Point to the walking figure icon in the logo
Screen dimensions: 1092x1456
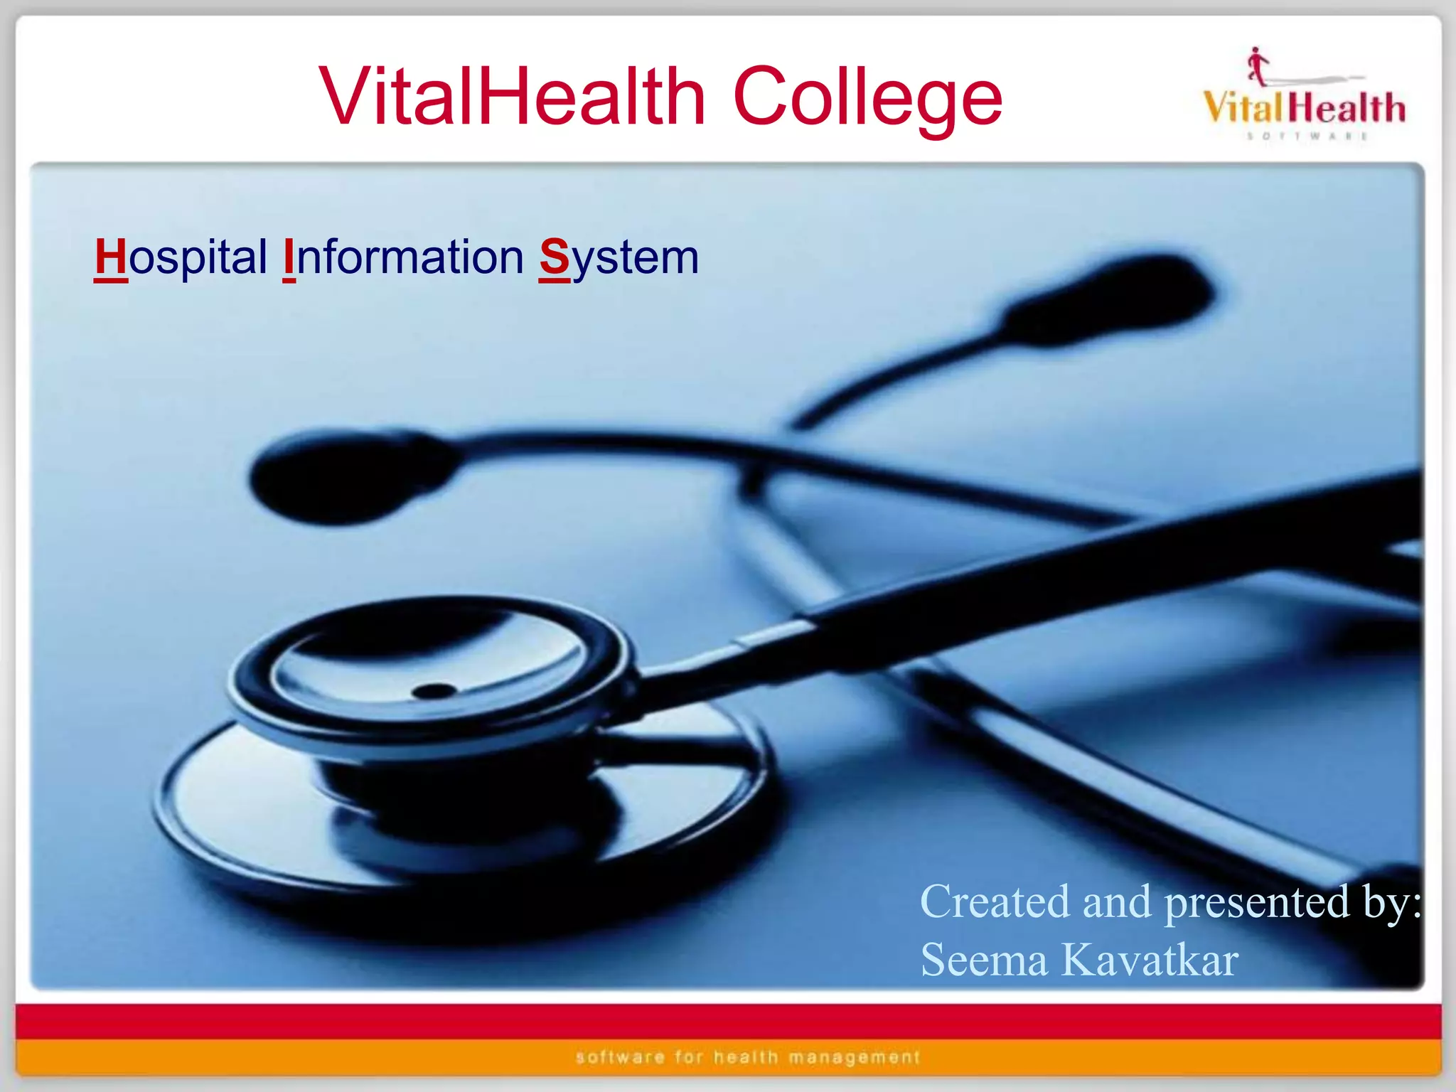1258,66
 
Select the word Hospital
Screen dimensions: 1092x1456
181,257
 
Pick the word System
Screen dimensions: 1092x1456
619,257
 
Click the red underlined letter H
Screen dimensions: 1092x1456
110,257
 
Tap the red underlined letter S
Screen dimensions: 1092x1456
555,257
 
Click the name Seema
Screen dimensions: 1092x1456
984,960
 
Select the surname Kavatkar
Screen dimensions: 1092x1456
1150,960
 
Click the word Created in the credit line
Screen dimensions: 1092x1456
995,901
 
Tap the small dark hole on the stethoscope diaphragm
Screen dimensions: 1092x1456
434,690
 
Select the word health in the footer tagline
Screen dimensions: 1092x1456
746,1057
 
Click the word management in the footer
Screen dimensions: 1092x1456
855,1057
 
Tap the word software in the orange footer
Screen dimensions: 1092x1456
620,1057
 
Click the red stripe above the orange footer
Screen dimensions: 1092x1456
728,1022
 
